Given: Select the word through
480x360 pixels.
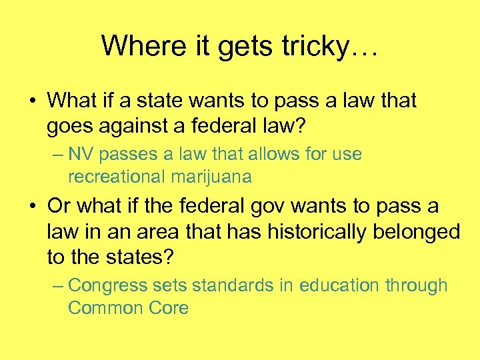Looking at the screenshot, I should pos(416,285).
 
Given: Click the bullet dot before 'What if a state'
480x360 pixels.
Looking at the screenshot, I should pos(32,101).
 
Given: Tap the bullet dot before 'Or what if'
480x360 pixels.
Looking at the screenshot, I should pos(32,207).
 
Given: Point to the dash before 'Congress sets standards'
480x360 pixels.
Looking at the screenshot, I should pos(57,285).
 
